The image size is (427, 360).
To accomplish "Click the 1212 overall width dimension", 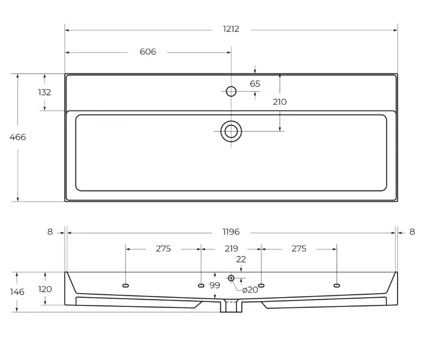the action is (231, 29).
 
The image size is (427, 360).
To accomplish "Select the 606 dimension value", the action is (148, 52).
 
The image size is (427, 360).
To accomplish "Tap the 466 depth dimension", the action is (18, 137).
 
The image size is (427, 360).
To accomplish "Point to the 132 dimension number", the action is (45, 92).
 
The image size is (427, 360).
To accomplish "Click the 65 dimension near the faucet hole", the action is (255, 84).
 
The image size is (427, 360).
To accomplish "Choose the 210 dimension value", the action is (280, 102).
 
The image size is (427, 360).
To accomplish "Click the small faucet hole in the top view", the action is (231, 91).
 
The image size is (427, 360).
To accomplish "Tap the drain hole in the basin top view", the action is (231, 131).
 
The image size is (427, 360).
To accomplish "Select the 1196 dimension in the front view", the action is (231, 232).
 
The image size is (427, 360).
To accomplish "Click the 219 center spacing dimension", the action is (231, 249).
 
